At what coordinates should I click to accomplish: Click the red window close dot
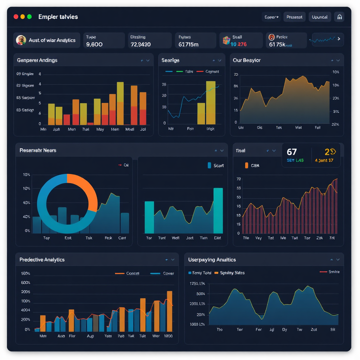point(16,17)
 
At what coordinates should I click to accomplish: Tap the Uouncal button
point(320,17)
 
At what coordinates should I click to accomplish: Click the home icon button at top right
point(339,17)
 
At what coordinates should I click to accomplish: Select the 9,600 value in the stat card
point(94,44)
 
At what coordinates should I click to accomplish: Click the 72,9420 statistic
point(140,44)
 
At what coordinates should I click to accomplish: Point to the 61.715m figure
point(188,44)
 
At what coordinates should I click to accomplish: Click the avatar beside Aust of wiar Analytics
point(21,40)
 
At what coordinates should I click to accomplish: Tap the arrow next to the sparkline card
point(339,39)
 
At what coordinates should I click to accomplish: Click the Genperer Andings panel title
point(37,60)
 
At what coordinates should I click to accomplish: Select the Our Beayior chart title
point(246,60)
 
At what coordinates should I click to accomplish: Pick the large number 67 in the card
point(292,152)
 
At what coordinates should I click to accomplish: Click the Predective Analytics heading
point(42,259)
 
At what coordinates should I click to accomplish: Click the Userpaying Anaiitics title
point(212,259)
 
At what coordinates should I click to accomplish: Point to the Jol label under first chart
point(143,129)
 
